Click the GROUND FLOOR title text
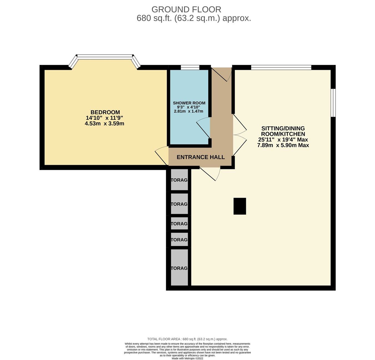coord(186,9)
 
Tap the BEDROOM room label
coord(105,112)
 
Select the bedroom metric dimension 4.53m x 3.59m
coord(104,123)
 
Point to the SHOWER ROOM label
coord(189,103)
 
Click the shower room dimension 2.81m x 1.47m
coord(188,111)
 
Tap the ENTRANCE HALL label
coord(201,157)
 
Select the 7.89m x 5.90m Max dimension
coord(283,145)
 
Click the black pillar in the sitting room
coord(240,206)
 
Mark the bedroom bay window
coord(105,57)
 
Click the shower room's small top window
coord(190,67)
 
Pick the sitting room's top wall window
coord(281,67)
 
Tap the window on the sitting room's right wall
coord(333,103)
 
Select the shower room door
coord(204,127)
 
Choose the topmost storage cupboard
coord(179,180)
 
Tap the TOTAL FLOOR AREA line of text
coord(187,339)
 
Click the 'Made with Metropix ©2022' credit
coord(187,358)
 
